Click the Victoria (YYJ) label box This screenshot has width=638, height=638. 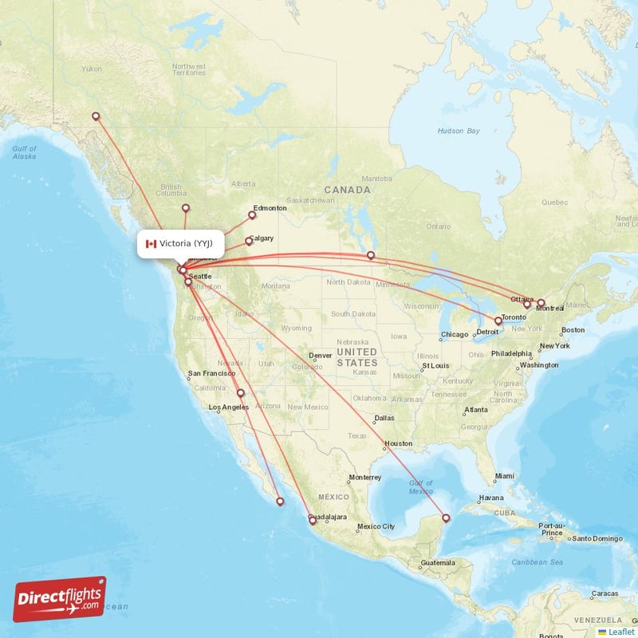coord(181,243)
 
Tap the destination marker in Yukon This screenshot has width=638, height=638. coord(96,116)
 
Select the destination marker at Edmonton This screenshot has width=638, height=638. coord(252,215)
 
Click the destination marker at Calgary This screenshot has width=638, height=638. coord(248,241)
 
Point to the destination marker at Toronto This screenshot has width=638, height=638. coord(498,321)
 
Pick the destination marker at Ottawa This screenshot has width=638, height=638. coord(526,305)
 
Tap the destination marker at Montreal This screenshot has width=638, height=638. coord(541,303)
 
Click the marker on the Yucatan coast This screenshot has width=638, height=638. coord(445,518)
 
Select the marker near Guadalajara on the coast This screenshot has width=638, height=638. coord(313,521)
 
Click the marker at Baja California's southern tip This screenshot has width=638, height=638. coord(279,502)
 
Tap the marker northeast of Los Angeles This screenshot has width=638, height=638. coord(240,393)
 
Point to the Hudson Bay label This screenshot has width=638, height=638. coord(459,130)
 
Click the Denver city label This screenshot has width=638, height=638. coord(320,356)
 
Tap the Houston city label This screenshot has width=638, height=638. coord(398,443)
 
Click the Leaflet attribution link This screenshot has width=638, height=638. coord(620,632)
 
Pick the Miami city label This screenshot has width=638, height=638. coord(504,476)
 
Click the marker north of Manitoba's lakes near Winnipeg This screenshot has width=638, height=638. coord(371,255)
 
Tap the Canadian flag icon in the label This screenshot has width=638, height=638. coord(151,243)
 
